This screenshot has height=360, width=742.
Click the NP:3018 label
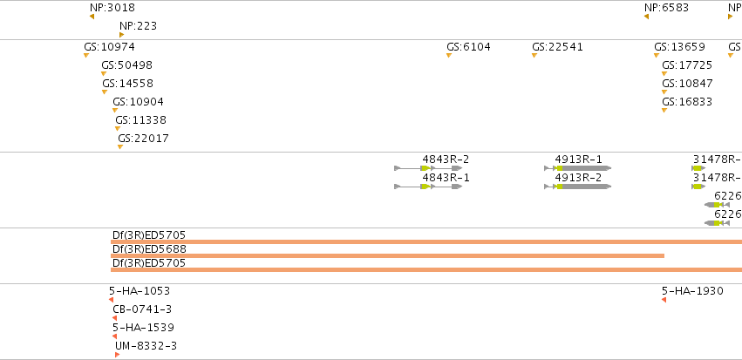112,8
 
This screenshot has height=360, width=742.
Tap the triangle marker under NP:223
121,35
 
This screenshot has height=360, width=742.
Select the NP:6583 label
666,8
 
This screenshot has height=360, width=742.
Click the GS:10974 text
109,47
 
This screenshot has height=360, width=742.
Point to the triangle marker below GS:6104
449,55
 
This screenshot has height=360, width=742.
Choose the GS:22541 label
557,47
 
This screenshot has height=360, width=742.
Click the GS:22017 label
143,139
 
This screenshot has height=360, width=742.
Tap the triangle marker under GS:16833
664,110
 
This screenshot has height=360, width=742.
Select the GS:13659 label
679,47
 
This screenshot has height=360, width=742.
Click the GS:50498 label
126,65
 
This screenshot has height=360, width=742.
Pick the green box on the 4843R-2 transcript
425,168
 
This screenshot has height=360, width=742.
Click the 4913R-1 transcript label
578,160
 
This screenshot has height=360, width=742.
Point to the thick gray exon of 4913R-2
586,187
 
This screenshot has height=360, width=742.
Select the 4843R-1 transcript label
446,178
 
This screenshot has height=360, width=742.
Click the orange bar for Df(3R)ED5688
387,256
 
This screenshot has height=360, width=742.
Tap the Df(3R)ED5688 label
150,248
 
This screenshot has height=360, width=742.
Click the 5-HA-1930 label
692,291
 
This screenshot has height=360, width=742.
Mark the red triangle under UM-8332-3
117,355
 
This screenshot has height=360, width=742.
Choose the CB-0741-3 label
142,309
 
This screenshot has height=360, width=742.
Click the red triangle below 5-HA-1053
112,300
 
